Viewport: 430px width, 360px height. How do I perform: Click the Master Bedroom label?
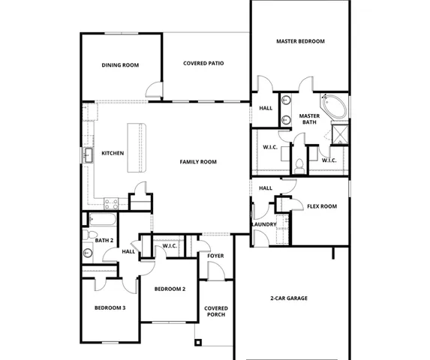pos(300,41)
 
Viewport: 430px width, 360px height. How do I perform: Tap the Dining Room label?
pos(120,65)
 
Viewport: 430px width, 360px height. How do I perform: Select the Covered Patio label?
pos(203,64)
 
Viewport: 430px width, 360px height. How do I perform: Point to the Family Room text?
pos(198,162)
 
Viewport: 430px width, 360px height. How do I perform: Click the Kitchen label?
pos(113,153)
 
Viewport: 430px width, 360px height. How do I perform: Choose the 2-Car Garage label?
pos(289,298)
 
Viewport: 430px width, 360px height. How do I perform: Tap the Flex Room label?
pos(322,206)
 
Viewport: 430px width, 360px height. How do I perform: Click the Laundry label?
pos(264,224)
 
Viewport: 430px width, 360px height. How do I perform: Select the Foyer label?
pos(216,256)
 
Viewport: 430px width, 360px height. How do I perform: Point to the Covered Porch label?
pos(216,311)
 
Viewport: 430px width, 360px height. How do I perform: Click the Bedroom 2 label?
pos(170,289)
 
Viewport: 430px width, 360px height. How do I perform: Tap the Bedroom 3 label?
pos(110,308)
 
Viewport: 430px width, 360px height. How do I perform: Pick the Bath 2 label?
pos(104,240)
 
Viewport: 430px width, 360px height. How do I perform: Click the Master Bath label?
pos(309,119)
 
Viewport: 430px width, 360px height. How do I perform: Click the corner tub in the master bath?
pos(332,106)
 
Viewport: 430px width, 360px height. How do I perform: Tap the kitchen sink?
pos(89,154)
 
